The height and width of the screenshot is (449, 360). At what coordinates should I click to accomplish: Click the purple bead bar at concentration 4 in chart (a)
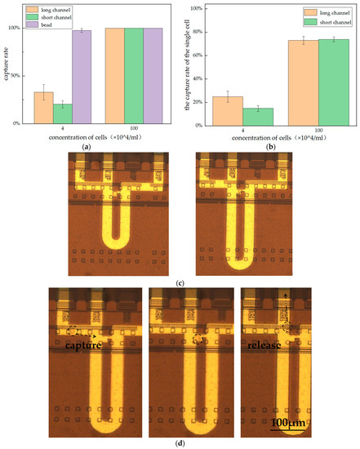(x=82, y=77)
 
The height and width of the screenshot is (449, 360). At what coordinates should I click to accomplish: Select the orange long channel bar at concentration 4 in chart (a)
(x=43, y=108)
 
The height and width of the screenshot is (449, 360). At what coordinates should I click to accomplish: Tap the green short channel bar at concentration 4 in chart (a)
(x=62, y=113)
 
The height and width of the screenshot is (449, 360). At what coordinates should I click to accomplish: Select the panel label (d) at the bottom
(x=180, y=442)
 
